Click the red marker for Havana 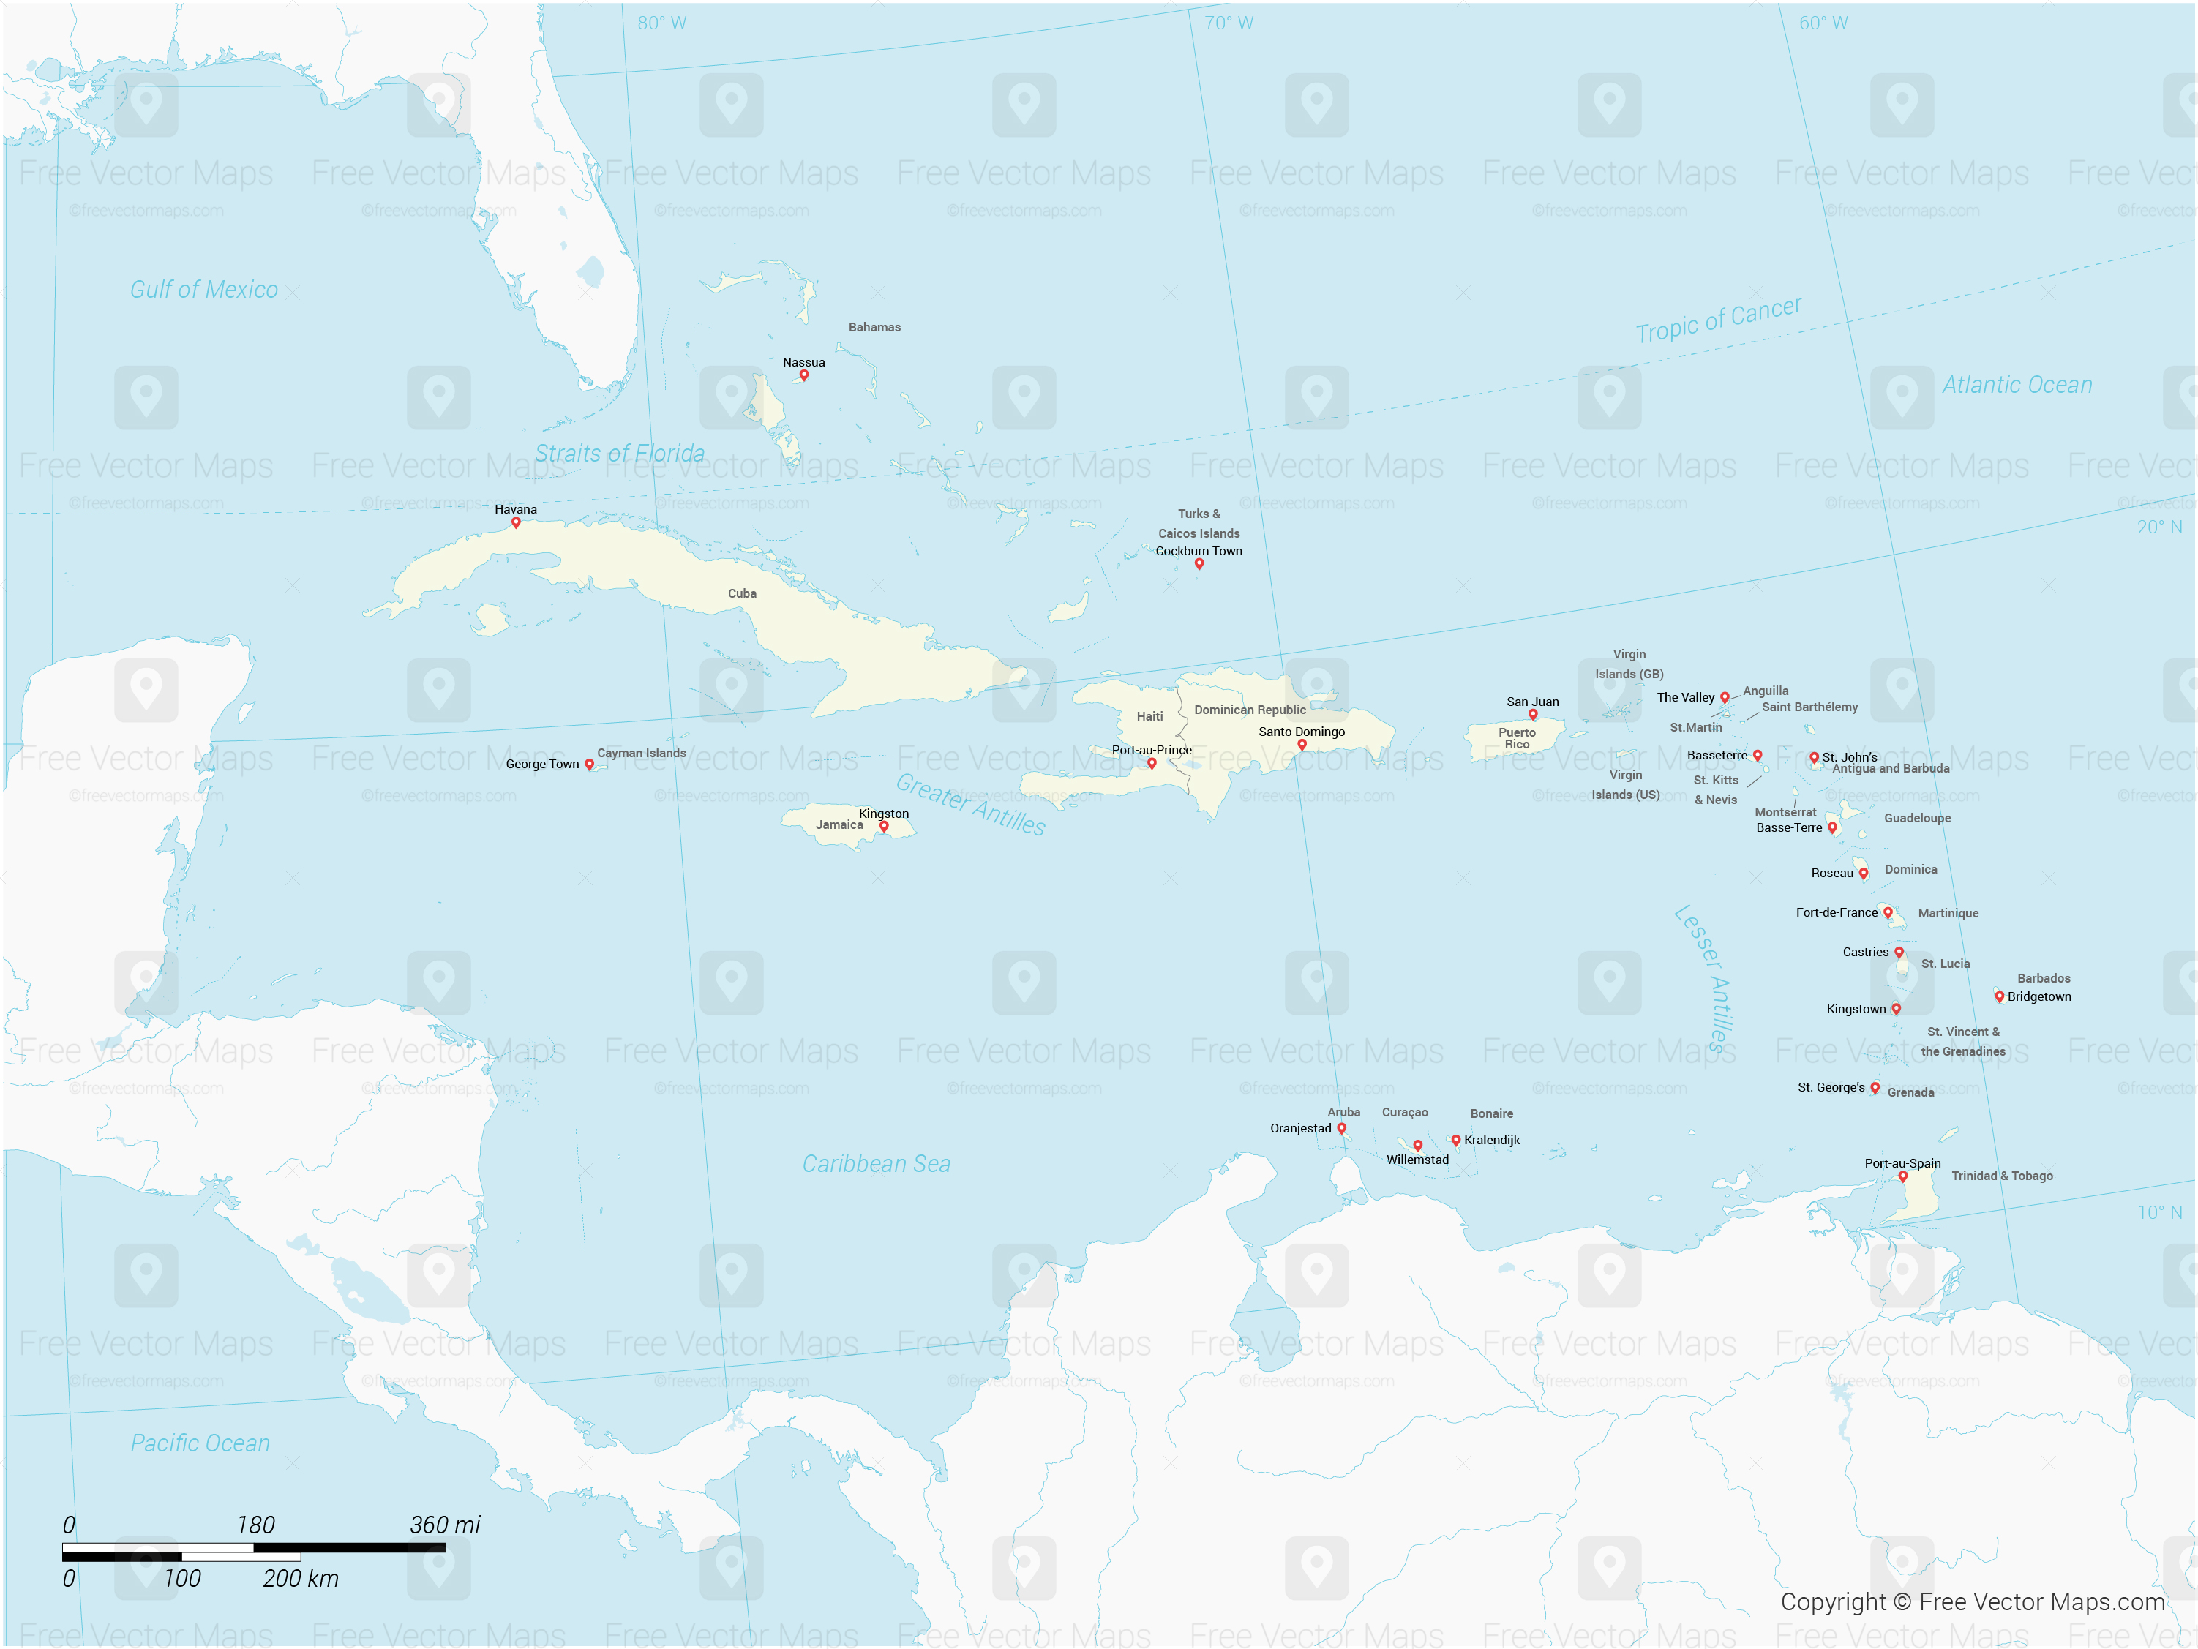(x=516, y=522)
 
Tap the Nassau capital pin (x=804, y=375)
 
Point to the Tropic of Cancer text (x=1718, y=320)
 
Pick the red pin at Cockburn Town (x=1199, y=564)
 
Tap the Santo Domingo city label (x=1301, y=732)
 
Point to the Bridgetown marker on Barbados (x=1998, y=996)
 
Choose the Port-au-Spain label (x=1902, y=1163)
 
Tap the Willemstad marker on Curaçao (x=1417, y=1146)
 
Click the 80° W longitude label (x=661, y=23)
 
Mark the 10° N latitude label (x=2159, y=1212)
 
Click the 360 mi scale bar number (x=444, y=1525)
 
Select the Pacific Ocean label (x=200, y=1443)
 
